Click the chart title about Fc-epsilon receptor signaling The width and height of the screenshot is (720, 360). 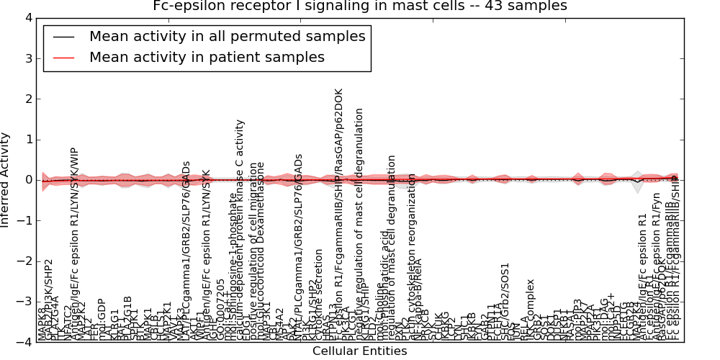click(360, 6)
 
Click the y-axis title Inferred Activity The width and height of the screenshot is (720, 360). click(6, 180)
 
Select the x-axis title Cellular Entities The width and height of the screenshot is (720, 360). click(359, 351)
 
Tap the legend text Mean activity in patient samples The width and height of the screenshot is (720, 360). click(207, 57)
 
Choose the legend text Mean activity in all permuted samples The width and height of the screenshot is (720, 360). click(227, 36)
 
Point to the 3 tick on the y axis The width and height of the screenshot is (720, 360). click(27, 58)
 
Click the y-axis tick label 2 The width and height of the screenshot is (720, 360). click(27, 99)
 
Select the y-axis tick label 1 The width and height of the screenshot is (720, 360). click(27, 139)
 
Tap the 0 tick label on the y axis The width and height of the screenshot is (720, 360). click(27, 180)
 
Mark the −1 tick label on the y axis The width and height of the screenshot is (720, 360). click(24, 220)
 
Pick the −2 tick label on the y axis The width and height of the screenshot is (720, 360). click(24, 261)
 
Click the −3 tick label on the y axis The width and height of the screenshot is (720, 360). click(24, 302)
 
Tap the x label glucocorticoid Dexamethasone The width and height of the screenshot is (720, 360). click(261, 252)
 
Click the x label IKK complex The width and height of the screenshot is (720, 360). click(531, 310)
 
